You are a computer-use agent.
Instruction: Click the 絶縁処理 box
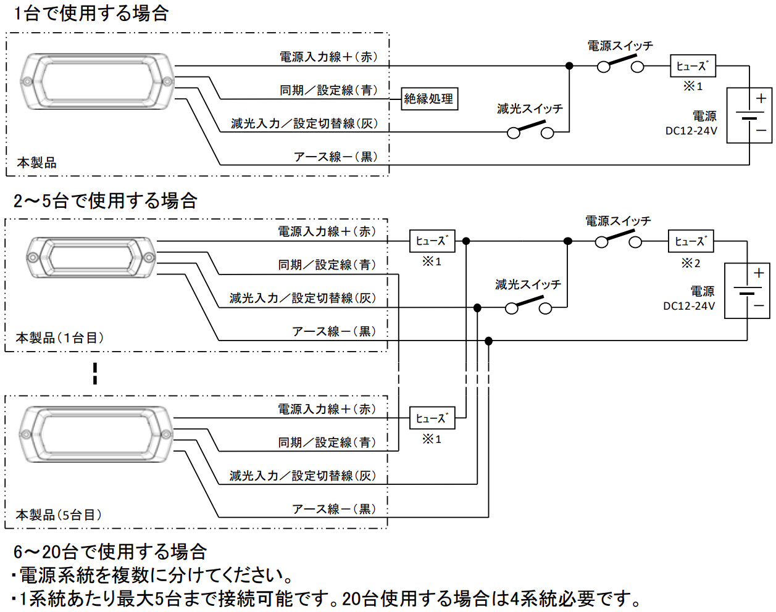429,99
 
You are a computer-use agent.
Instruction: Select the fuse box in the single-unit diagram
693,66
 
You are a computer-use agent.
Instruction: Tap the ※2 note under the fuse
691,263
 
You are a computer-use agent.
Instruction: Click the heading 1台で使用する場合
91,13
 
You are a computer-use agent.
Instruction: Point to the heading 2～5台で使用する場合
105,201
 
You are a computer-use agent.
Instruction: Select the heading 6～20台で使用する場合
110,551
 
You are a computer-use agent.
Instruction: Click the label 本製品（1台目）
60,338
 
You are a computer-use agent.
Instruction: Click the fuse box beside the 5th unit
432,418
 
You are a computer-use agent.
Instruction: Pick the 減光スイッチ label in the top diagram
530,109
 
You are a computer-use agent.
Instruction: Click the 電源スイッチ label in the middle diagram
618,221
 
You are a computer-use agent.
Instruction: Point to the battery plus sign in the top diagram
761,98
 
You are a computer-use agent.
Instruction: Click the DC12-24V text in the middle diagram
689,306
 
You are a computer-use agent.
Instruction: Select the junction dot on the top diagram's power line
569,65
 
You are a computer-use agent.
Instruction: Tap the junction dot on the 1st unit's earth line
488,341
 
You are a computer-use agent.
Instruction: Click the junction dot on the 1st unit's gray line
477,307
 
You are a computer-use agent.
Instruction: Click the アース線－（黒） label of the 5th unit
334,509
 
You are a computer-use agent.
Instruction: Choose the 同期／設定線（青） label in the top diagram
328,90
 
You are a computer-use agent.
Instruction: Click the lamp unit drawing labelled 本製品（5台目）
96,434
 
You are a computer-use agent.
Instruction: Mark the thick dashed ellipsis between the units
94,373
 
